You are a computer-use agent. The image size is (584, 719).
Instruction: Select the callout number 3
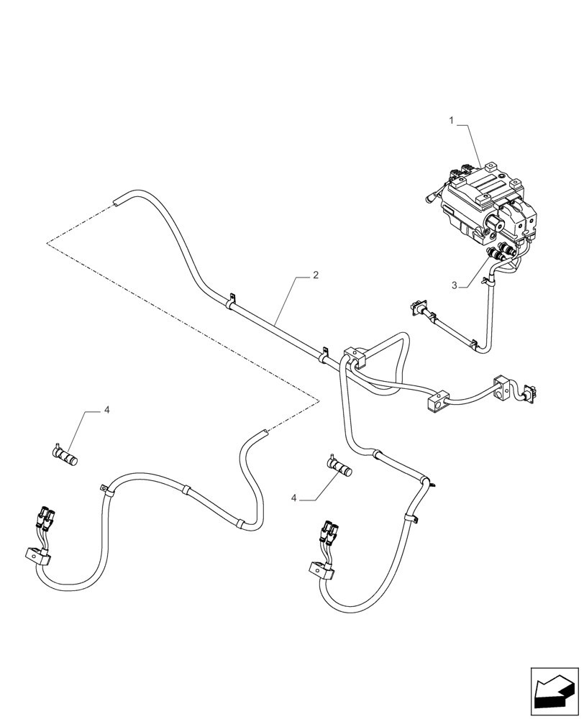[454, 285]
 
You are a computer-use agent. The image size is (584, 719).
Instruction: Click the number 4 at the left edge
[106, 410]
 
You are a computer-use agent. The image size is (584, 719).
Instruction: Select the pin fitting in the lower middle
[341, 467]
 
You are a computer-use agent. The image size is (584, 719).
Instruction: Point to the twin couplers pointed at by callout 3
[501, 252]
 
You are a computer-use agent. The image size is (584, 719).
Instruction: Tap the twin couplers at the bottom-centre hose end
[329, 532]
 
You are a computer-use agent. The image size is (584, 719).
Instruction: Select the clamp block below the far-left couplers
[37, 556]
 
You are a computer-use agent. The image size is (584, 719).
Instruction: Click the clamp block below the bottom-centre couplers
[321, 571]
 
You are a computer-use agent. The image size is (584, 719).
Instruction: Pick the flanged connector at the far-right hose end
[531, 391]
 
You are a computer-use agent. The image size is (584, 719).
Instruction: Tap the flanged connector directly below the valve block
[416, 308]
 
